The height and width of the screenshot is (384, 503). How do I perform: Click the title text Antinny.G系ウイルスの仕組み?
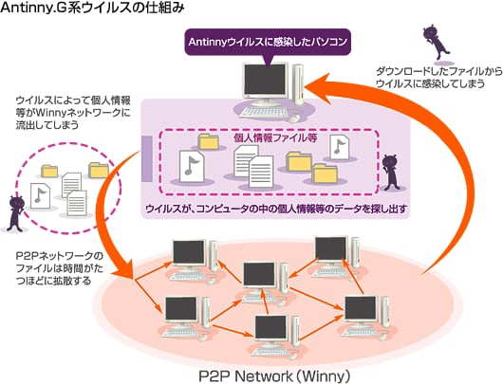(92, 8)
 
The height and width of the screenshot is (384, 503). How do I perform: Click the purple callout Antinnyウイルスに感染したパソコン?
(268, 43)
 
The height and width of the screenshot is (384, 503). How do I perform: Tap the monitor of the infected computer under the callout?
(264, 81)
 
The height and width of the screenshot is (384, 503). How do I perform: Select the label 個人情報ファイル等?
(275, 137)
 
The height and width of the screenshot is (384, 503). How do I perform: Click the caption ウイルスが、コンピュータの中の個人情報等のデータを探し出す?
(276, 209)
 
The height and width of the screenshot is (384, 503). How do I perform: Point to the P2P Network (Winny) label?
(274, 376)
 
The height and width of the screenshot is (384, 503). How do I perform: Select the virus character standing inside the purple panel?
(391, 173)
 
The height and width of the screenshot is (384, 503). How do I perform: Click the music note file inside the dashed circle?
(40, 196)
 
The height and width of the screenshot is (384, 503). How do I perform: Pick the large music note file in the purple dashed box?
(192, 167)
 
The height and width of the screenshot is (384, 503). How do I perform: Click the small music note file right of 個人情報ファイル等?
(340, 147)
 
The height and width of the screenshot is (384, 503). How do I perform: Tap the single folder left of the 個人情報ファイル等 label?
(209, 141)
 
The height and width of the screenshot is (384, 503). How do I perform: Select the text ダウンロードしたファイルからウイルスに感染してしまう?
(438, 77)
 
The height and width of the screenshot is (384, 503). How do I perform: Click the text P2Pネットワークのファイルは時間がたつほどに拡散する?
(60, 268)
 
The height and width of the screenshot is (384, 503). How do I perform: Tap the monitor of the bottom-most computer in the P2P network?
(270, 329)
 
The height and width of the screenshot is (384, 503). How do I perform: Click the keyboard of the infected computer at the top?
(264, 112)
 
